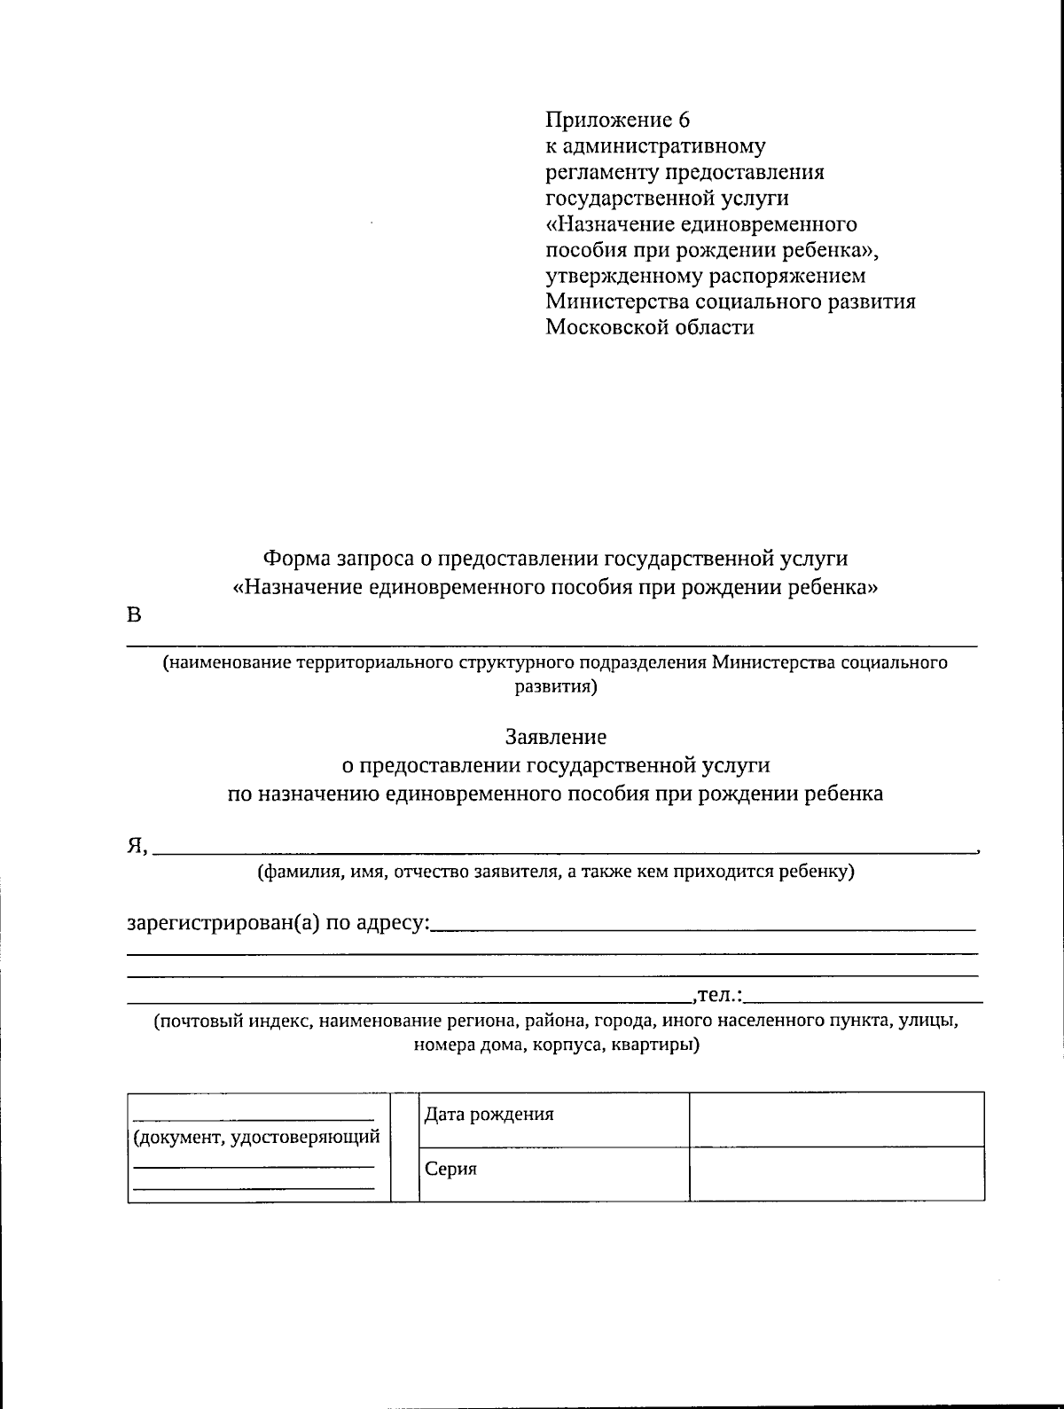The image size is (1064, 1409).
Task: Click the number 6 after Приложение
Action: click(683, 120)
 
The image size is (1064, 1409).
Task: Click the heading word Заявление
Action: click(556, 737)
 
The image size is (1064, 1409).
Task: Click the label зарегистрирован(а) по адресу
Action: click(278, 923)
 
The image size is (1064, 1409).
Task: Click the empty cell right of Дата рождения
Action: click(836, 1118)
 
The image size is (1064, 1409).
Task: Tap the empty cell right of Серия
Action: click(836, 1174)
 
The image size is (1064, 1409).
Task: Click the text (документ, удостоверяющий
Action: click(256, 1137)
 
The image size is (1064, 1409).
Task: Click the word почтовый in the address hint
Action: click(199, 1021)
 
